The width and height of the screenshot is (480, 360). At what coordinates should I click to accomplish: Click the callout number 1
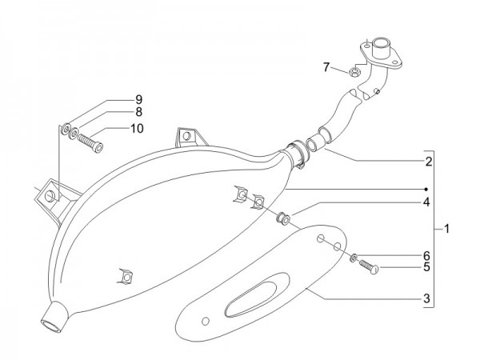(x=446, y=229)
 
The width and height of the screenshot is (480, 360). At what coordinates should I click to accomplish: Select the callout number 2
(x=430, y=162)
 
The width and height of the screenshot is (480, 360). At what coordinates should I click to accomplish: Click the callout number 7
(x=326, y=67)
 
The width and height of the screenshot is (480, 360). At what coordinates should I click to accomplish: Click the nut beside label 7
(x=352, y=72)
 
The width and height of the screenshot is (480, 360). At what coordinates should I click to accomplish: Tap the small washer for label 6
(x=353, y=256)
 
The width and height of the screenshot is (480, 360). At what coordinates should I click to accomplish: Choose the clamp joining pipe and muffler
(x=296, y=152)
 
